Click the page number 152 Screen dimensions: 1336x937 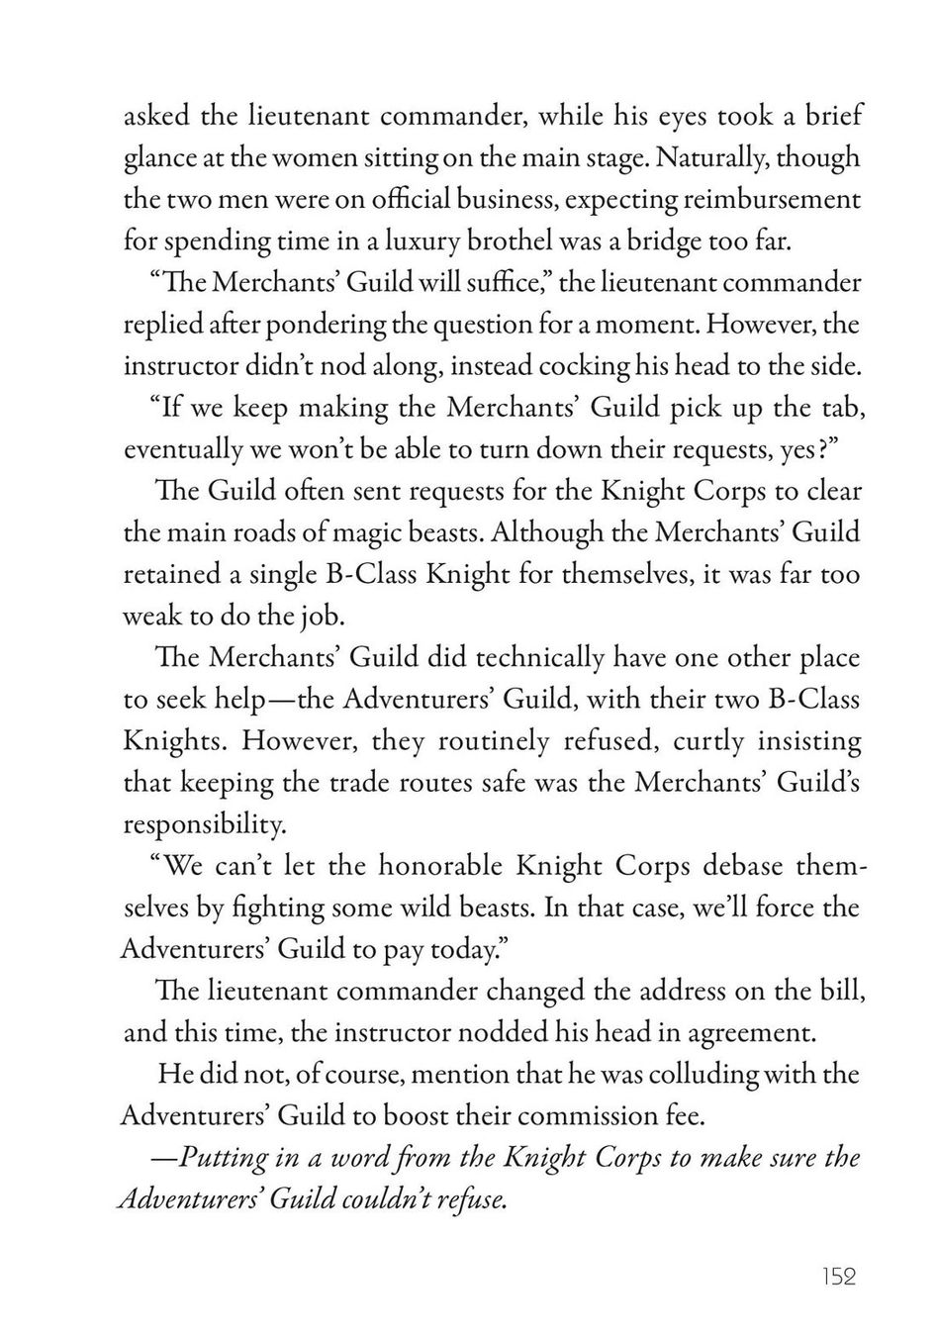[x=837, y=1277]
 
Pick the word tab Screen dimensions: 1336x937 [x=840, y=408]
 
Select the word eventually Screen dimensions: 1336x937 [x=180, y=449]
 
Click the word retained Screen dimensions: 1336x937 [x=163, y=575]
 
